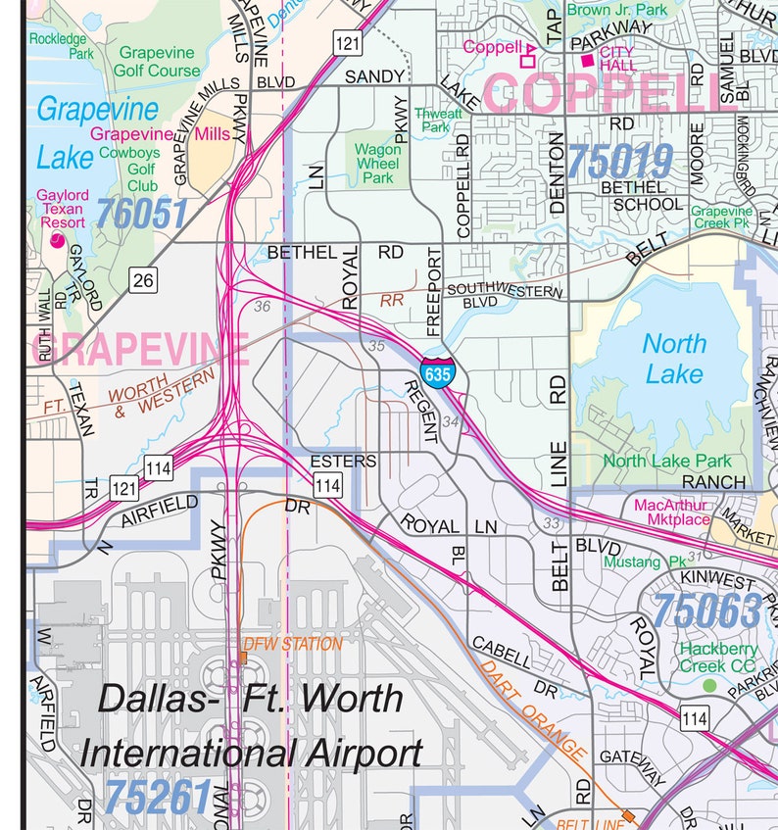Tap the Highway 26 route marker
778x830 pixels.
pyautogui.click(x=143, y=281)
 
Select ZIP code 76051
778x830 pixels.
pyautogui.click(x=141, y=213)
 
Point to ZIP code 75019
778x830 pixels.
pyautogui.click(x=619, y=161)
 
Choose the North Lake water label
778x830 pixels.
pyautogui.click(x=673, y=358)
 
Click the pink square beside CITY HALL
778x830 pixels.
pyautogui.click(x=587, y=61)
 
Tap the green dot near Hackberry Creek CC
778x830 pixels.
pyautogui.click(x=709, y=686)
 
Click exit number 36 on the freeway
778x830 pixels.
pyautogui.click(x=261, y=307)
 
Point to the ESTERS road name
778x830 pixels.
pyautogui.click(x=342, y=460)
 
